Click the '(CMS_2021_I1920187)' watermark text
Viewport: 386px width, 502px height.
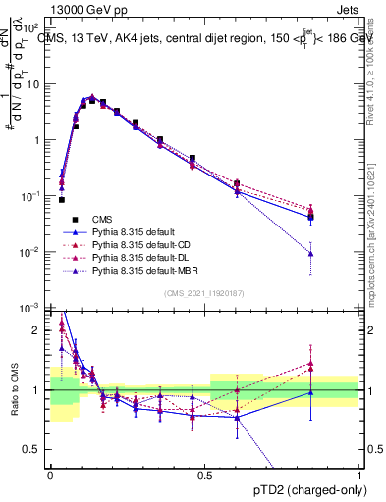[x=205, y=292]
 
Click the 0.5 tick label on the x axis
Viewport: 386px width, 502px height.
[x=205, y=475]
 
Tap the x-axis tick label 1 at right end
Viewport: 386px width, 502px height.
[x=359, y=475]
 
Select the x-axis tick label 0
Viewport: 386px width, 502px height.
[x=50, y=475]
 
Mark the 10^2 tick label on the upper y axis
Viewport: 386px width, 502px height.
[x=32, y=27]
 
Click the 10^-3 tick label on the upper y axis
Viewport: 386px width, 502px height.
[x=32, y=308]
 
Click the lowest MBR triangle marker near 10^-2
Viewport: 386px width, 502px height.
[x=338, y=254]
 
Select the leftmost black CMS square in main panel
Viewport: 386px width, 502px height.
[x=62, y=199]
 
